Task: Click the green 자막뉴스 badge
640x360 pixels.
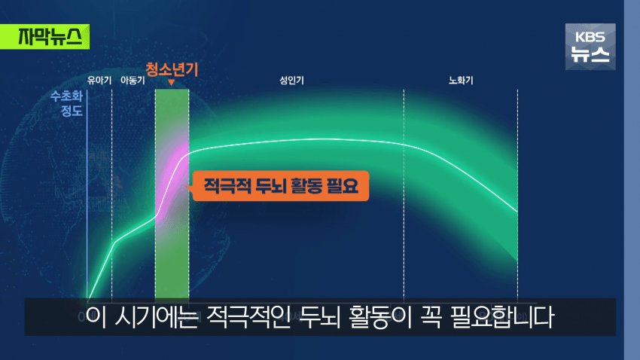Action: pyautogui.click(x=44, y=37)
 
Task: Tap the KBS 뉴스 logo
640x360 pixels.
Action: pyautogui.click(x=590, y=47)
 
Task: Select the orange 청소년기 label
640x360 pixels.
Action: pyautogui.click(x=172, y=69)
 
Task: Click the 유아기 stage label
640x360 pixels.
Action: pyautogui.click(x=99, y=81)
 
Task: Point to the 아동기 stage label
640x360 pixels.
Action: pyautogui.click(x=133, y=81)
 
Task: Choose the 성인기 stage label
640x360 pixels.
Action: pyautogui.click(x=291, y=81)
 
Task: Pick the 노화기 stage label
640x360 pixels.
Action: pyautogui.click(x=461, y=81)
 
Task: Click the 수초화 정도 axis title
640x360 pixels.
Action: pyautogui.click(x=66, y=103)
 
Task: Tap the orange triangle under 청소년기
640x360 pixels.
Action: pyautogui.click(x=172, y=82)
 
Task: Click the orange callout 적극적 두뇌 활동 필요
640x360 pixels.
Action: pyautogui.click(x=280, y=186)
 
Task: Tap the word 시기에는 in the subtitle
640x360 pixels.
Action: pyautogui.click(x=157, y=317)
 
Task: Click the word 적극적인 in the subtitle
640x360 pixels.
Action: pyautogui.click(x=248, y=317)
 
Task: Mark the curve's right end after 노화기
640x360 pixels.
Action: pyautogui.click(x=517, y=212)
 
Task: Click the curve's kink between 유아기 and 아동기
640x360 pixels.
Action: pyautogui.click(x=115, y=242)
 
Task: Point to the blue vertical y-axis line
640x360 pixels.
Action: pyautogui.click(x=87, y=195)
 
